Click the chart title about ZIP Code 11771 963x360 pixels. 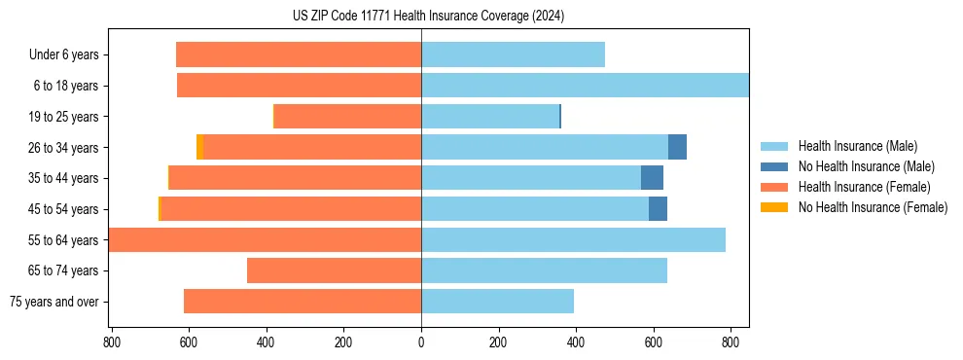tap(428, 17)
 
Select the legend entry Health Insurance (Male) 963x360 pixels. tap(857, 146)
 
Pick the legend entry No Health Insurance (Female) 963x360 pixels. tap(873, 207)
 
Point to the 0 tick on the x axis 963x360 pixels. tap(421, 342)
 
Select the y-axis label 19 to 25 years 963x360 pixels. tap(64, 117)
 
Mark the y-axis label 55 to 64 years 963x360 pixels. tap(64, 240)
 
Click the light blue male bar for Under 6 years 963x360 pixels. tap(513, 55)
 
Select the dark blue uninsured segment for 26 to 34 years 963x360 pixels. tap(677, 147)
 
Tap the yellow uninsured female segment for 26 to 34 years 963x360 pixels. tap(199, 147)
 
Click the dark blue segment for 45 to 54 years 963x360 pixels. tap(658, 209)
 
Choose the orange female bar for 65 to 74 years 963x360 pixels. tap(334, 270)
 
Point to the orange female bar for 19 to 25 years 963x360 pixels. tap(347, 117)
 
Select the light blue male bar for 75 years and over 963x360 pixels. tap(497, 302)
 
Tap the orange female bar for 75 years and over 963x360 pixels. tap(303, 302)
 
